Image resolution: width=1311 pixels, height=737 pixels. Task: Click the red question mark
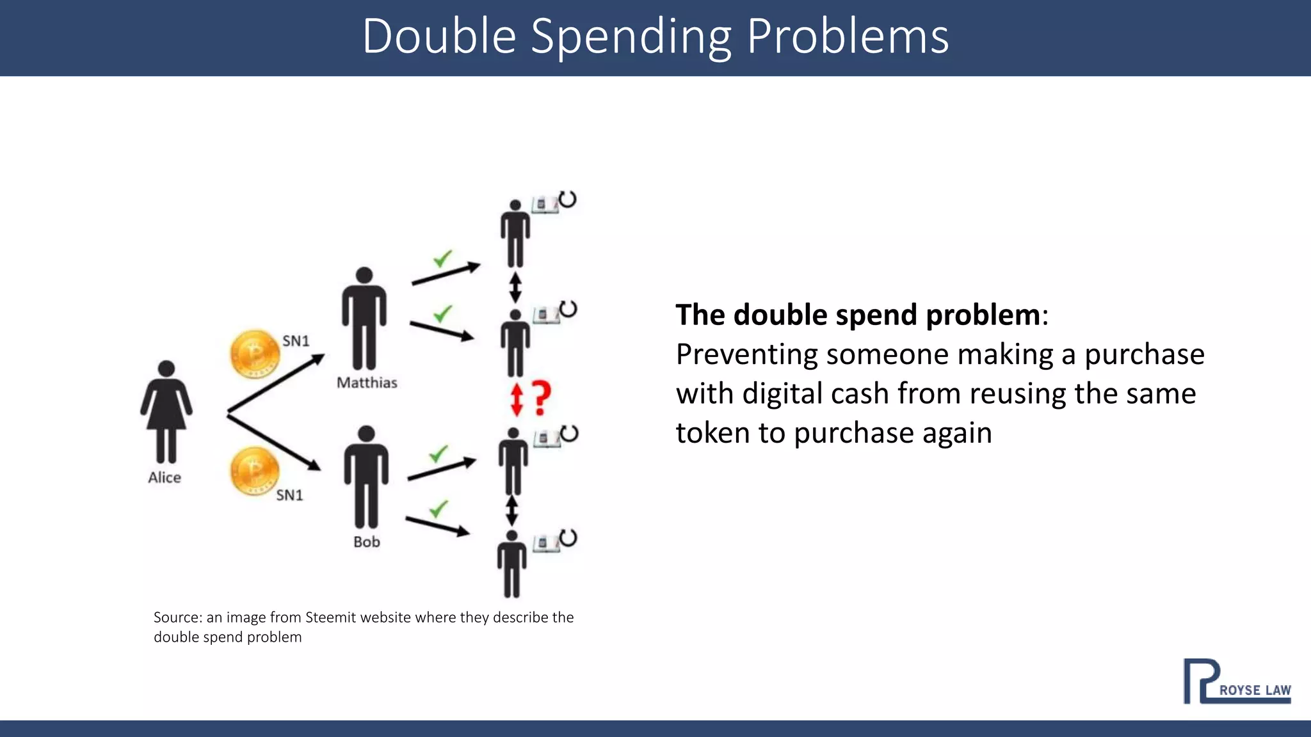541,398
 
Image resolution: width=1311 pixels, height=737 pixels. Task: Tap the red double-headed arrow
517,399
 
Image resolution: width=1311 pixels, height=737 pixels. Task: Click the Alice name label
165,477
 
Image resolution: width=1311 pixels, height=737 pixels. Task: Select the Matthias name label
367,383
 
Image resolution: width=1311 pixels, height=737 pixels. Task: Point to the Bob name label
367,542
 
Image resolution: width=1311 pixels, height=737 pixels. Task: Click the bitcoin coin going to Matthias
255,354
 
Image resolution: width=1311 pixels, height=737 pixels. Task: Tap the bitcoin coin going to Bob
255,472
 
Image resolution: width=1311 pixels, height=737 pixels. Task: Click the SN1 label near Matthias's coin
296,341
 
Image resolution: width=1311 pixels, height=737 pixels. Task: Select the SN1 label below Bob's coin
289,495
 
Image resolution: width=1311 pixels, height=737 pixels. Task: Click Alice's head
166,368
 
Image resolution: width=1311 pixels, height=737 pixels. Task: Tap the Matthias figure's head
364,275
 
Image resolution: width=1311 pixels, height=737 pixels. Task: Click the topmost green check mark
442,258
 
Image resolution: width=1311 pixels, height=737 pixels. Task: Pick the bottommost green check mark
438,509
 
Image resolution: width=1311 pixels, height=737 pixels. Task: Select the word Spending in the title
631,37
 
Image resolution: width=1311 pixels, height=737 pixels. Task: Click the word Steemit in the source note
330,617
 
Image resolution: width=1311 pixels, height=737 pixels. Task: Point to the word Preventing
746,354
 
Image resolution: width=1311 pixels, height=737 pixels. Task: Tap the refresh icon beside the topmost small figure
568,200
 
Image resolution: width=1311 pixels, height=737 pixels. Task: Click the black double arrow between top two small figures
515,288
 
